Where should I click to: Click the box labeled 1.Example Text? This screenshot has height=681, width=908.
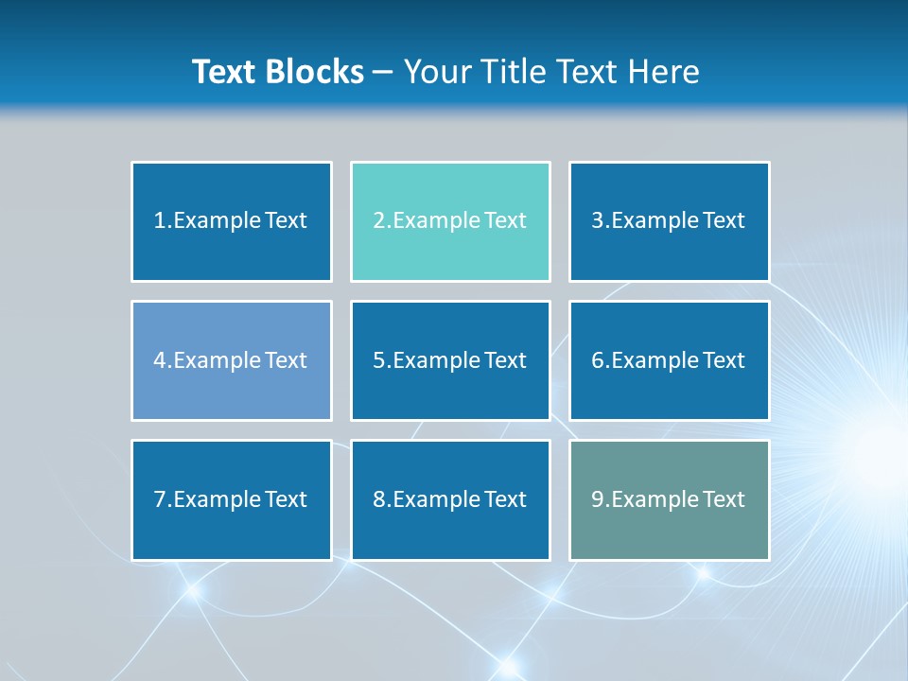231,221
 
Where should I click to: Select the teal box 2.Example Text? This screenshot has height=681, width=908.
450,221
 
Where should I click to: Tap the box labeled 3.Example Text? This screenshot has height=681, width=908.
669,221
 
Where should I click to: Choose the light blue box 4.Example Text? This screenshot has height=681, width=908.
231,360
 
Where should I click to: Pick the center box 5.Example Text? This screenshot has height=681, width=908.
450,360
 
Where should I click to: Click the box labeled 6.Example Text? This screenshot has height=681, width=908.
669,360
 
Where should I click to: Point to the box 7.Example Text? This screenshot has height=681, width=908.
231,499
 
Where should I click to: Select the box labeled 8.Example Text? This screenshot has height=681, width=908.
450,499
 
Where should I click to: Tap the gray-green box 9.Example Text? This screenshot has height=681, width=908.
669,499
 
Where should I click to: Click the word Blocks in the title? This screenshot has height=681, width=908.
315,72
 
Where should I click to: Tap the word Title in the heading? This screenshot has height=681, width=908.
510,72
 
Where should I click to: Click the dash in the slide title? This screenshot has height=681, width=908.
383,72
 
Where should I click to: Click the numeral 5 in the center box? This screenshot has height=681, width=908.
378,360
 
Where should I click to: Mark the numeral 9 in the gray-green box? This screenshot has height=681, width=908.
598,499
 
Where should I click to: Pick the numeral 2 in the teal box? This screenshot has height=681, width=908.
378,221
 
